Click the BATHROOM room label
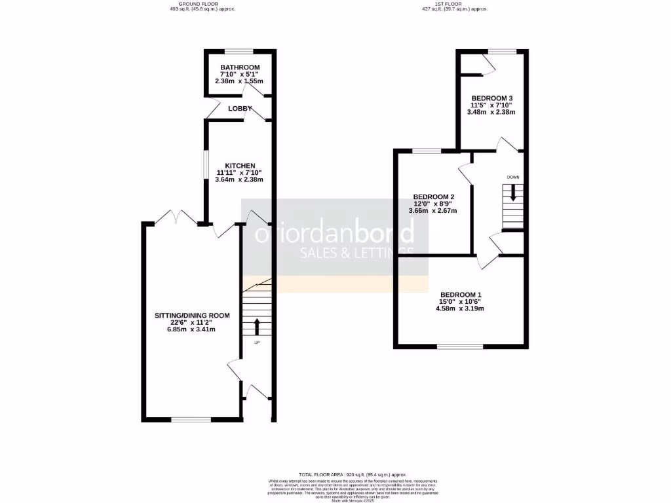coord(240,67)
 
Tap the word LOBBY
coord(240,108)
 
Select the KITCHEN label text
coord(240,166)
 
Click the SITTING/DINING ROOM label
coord(192,316)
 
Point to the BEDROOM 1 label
coord(461,295)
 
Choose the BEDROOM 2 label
coord(433,197)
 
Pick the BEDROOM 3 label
coord(491,98)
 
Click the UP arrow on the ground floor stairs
coord(256,326)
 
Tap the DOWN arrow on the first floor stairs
coord(513,192)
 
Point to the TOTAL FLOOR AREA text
coord(353,474)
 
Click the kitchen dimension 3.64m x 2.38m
coord(240,179)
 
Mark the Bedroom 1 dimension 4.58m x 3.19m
coord(461,308)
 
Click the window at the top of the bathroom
coord(239,51)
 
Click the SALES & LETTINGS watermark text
coord(356,253)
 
